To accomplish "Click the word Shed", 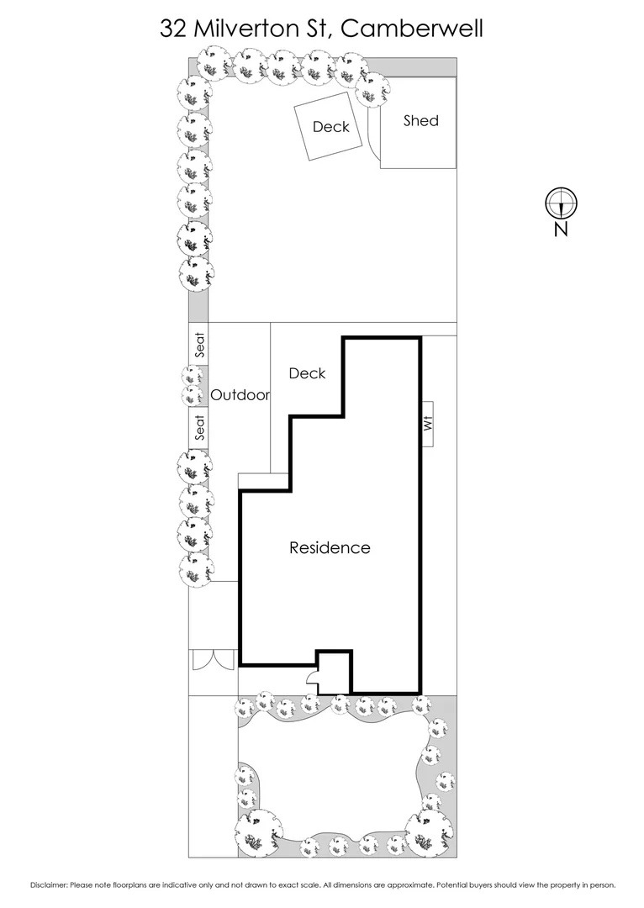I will [x=420, y=121].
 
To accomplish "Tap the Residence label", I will [x=330, y=548].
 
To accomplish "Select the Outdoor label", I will [x=240, y=395].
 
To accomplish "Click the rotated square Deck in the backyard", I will [x=330, y=127].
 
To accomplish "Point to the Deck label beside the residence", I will [x=307, y=373].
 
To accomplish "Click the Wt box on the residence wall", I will [x=428, y=425].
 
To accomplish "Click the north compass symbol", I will [x=560, y=202].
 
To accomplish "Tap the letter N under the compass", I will [x=561, y=229].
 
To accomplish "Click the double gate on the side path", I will [x=213, y=660].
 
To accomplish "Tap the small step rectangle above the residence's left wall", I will [x=265, y=481].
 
